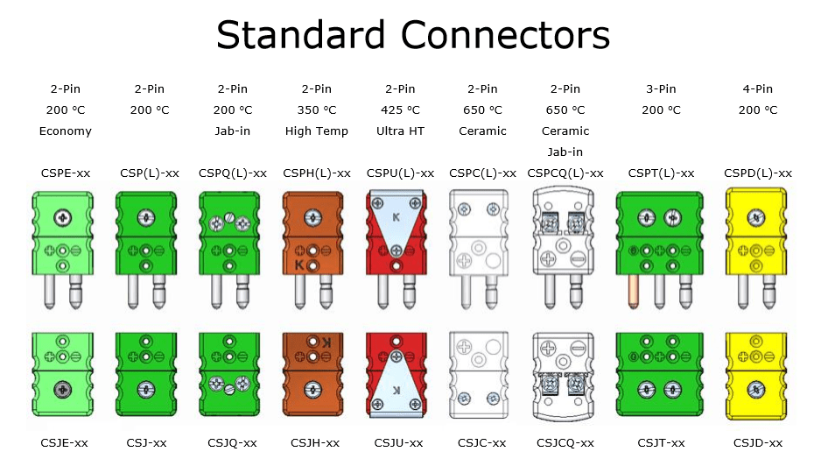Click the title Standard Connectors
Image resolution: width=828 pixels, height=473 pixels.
click(x=413, y=36)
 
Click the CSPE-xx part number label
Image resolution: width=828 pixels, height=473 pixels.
click(x=66, y=173)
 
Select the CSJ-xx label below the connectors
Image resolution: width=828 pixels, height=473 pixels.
click(x=146, y=442)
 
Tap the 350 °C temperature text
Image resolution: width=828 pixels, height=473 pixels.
click(x=317, y=109)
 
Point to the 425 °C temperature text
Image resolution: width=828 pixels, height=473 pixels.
click(x=400, y=109)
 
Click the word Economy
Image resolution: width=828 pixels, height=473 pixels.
click(x=66, y=131)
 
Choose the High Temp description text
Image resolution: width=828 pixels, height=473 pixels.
click(x=317, y=131)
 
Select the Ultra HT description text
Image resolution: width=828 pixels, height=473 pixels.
click(x=400, y=131)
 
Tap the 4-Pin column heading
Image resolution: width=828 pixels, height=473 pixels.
click(x=758, y=88)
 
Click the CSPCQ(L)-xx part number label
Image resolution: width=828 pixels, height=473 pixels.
click(x=566, y=173)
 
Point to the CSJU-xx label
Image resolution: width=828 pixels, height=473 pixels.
click(x=398, y=442)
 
